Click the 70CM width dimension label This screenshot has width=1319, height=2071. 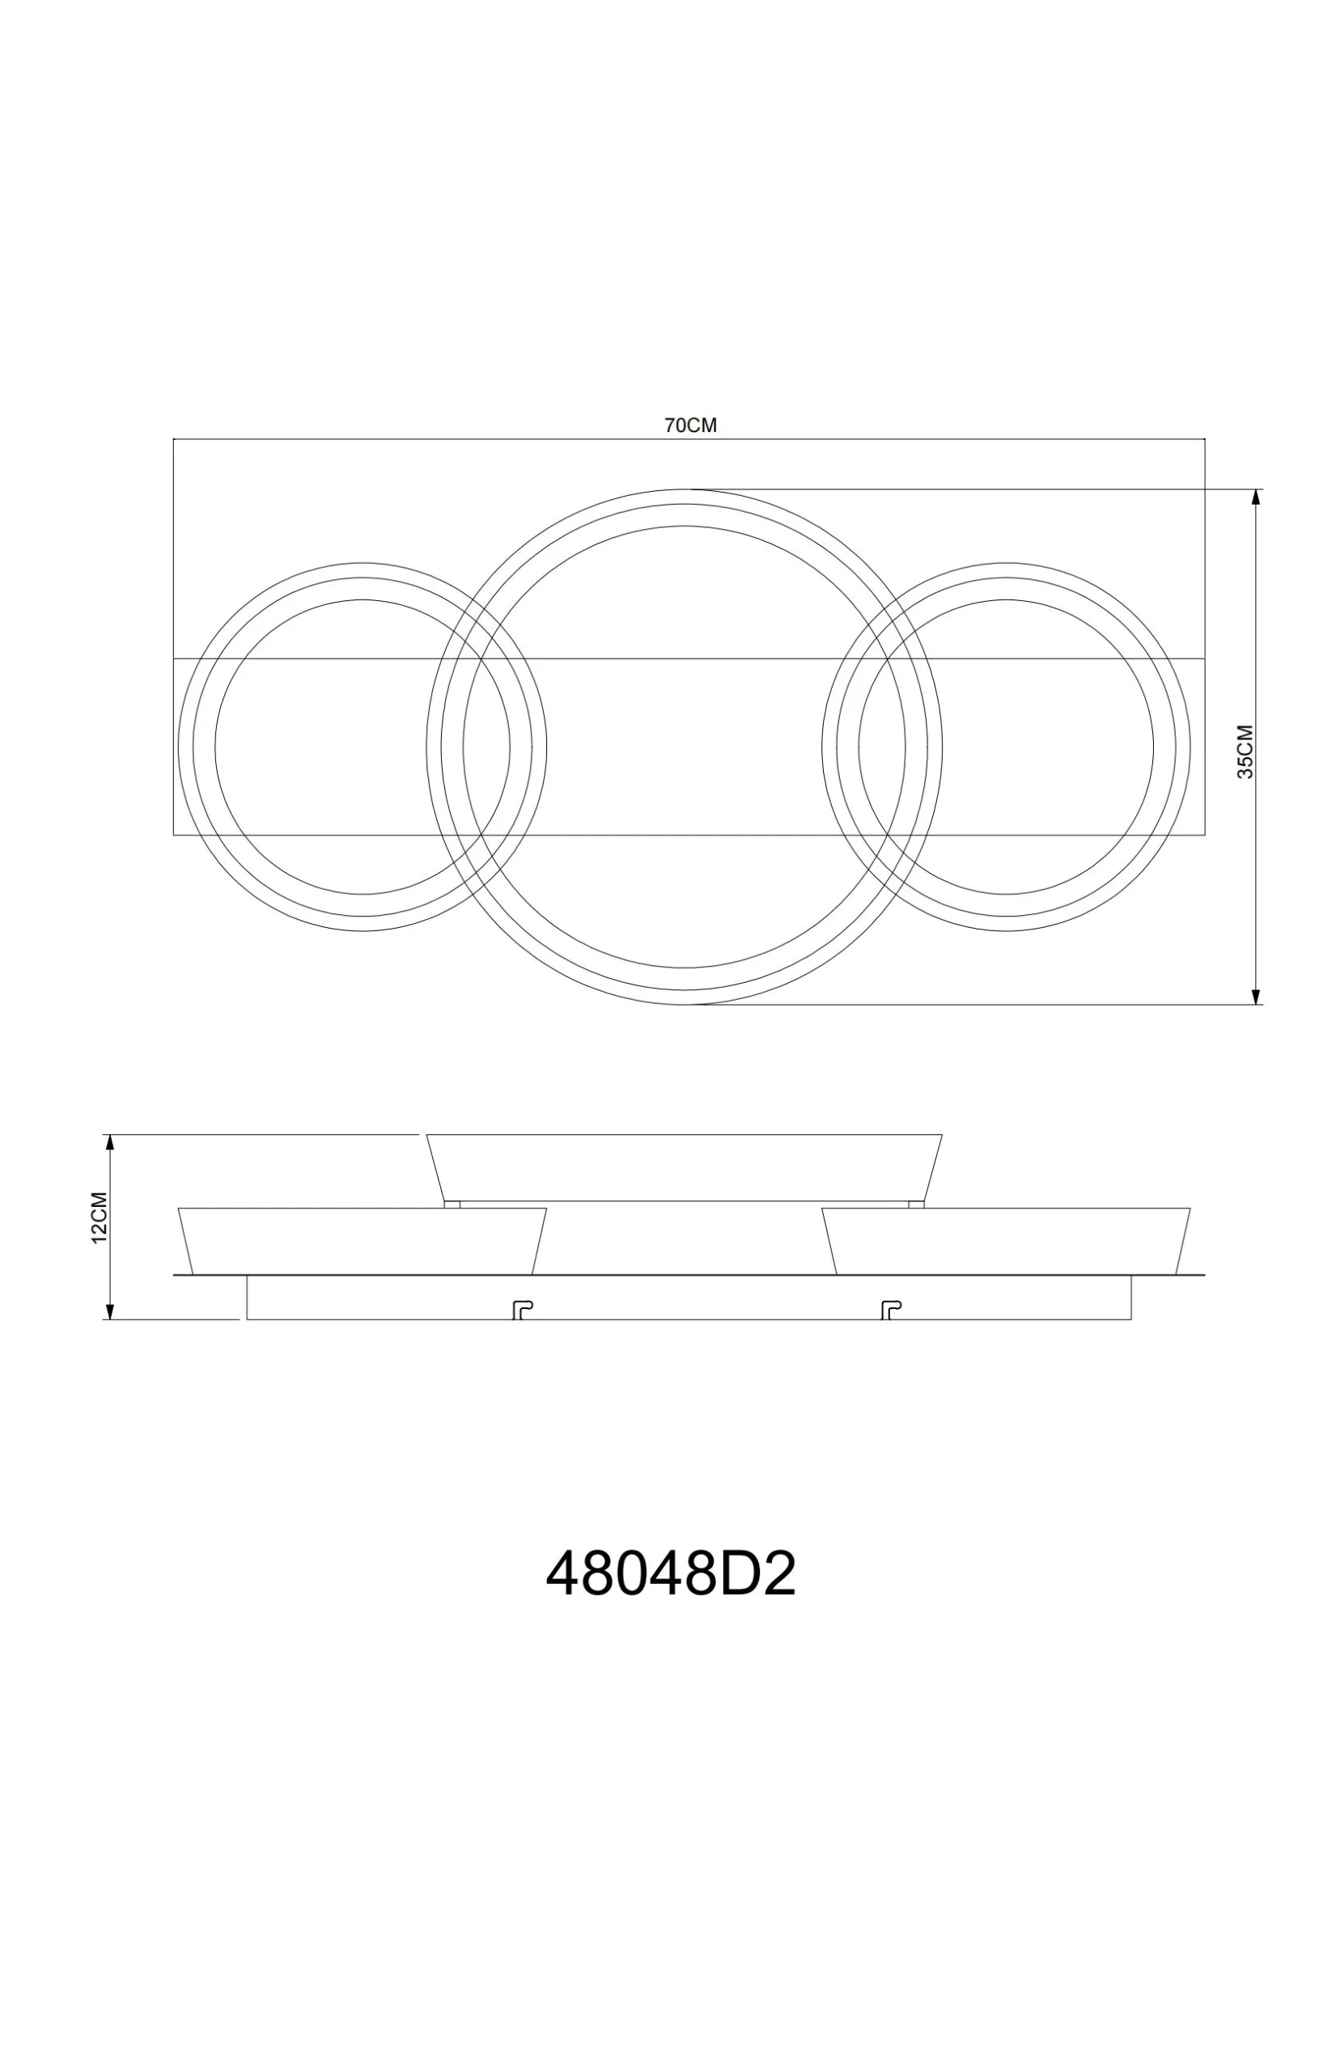click(x=689, y=425)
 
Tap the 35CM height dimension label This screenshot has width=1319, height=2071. click(x=1245, y=752)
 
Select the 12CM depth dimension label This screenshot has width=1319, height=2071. click(x=99, y=1217)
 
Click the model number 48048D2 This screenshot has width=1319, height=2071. click(x=670, y=1575)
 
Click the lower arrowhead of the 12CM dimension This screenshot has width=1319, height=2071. click(x=109, y=1311)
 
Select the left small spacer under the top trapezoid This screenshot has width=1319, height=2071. click(x=452, y=1204)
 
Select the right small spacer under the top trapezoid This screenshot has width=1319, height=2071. click(x=916, y=1204)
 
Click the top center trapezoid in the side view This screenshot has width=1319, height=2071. click(x=684, y=1167)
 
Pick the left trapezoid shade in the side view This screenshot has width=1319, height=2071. click(x=362, y=1240)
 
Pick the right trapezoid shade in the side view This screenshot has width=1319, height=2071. click(x=1005, y=1240)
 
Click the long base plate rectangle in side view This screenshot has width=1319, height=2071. click(x=689, y=1297)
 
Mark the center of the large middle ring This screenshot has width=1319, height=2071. click(x=684, y=747)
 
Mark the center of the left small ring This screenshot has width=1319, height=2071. click(x=363, y=747)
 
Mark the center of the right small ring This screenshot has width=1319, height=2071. click(x=1006, y=747)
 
